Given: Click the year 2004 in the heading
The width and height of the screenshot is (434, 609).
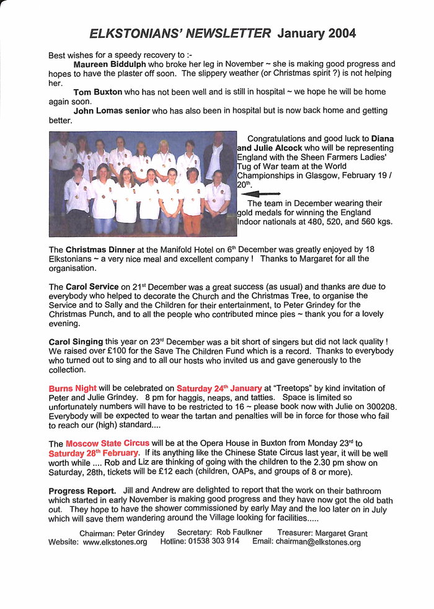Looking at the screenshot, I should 338,33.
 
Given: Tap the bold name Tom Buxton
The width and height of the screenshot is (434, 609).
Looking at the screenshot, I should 98,92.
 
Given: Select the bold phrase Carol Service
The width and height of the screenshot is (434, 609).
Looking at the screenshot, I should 92,287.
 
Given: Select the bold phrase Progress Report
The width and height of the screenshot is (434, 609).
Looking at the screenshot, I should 82,491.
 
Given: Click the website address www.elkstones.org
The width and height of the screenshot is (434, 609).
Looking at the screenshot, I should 115,542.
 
